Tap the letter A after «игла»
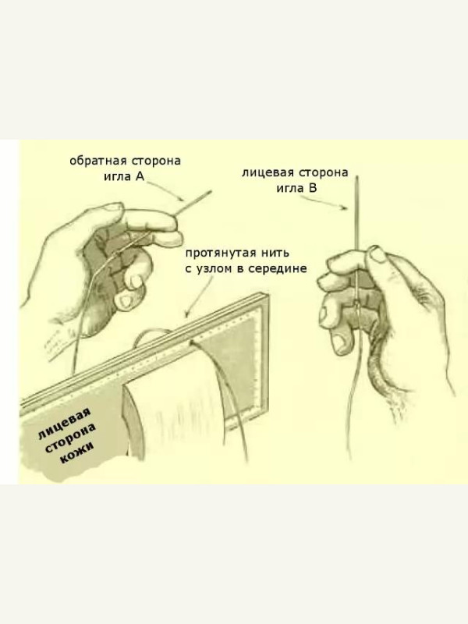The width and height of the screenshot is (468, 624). coord(140,176)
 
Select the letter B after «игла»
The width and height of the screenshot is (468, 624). coord(313,188)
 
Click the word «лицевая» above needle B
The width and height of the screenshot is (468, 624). coord(268,173)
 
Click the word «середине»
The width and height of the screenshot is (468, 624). coord(278,269)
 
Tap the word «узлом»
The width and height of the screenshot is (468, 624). coord(214,269)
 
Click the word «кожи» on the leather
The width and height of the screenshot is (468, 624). coord(76,453)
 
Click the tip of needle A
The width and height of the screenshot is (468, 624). coord(211,191)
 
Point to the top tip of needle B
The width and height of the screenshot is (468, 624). coord(357,176)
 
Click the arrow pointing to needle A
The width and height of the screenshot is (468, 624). coord(165,190)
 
